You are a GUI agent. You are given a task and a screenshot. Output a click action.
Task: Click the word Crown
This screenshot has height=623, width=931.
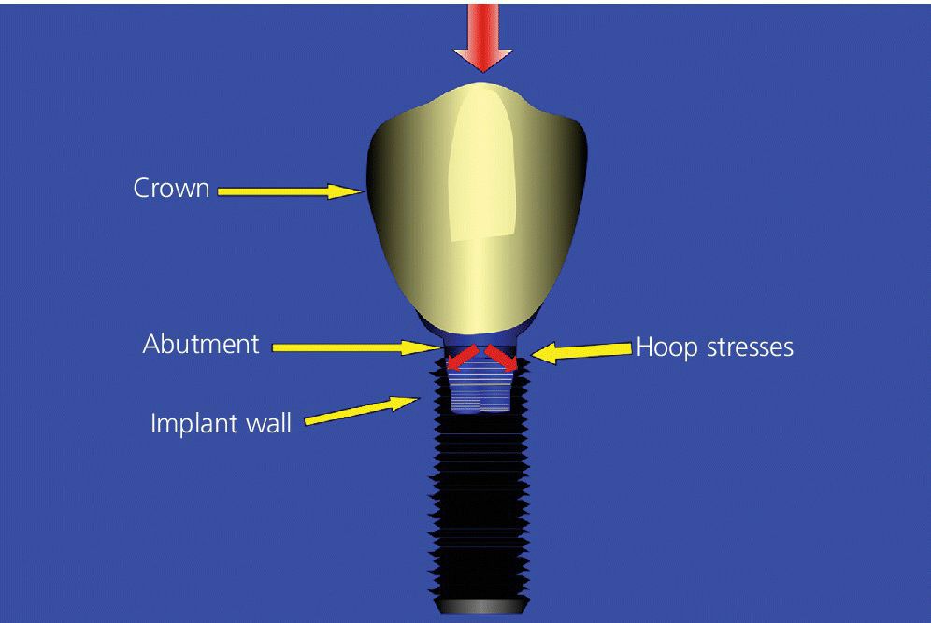(171, 188)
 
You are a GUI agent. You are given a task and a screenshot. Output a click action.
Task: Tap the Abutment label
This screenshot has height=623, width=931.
(201, 344)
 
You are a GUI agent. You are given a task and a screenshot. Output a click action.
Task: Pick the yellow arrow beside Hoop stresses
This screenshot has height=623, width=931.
(581, 352)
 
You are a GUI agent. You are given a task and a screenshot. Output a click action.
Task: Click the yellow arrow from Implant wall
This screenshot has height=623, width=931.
(362, 411)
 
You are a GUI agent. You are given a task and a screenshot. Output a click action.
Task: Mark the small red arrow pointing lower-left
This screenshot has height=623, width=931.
(463, 357)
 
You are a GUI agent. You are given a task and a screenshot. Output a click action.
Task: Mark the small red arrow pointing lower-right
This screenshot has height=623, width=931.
(501, 358)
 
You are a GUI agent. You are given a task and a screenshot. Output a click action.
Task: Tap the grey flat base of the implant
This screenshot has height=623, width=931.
(481, 604)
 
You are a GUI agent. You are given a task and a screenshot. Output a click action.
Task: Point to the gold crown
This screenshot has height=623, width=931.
(477, 207)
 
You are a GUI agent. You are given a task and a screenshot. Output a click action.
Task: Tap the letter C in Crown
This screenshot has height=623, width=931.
(141, 188)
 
